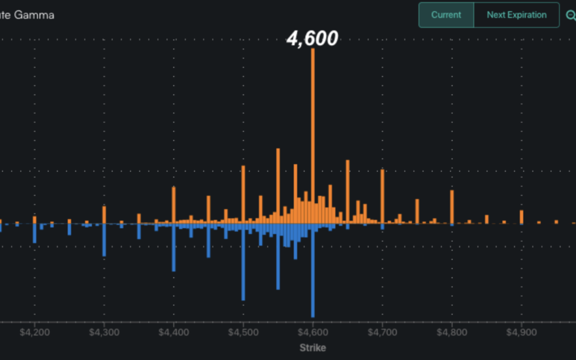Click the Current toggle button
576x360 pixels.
pyautogui.click(x=446, y=15)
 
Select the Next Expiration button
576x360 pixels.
pyautogui.click(x=516, y=15)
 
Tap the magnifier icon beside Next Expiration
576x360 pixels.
pyautogui.click(x=570, y=15)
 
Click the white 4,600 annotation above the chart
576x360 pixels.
pyautogui.click(x=313, y=38)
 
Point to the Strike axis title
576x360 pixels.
pyautogui.click(x=313, y=348)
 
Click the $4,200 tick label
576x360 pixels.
pyautogui.click(x=35, y=332)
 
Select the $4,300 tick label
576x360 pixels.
pyautogui.click(x=105, y=332)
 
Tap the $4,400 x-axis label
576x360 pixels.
pyautogui.click(x=174, y=332)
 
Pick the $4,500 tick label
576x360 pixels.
pyautogui.click(x=243, y=332)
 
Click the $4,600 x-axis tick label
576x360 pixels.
pyautogui.click(x=313, y=332)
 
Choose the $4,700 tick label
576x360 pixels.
pyautogui.click(x=382, y=332)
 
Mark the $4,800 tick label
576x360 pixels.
pyautogui.click(x=452, y=332)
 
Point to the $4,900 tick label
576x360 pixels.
pyautogui.click(x=521, y=332)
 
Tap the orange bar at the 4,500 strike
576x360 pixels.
pyautogui.click(x=243, y=195)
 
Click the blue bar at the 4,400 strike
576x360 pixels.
pyautogui.click(x=174, y=248)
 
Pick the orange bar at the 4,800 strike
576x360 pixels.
pyautogui.click(x=452, y=207)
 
